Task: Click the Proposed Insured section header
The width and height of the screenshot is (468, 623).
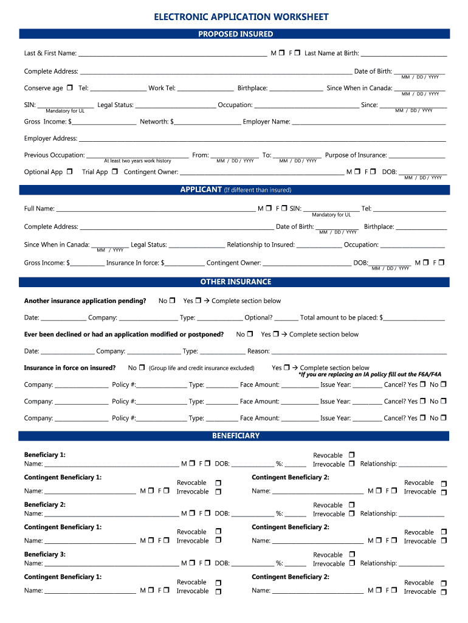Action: click(x=235, y=34)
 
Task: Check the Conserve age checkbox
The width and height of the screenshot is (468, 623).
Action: click(x=70, y=88)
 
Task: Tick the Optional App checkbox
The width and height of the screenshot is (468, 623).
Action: click(x=69, y=172)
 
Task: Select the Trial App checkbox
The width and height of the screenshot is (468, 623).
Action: click(x=115, y=172)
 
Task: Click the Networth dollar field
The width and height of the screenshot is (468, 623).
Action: click(x=207, y=122)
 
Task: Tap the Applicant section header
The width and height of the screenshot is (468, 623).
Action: click(x=235, y=190)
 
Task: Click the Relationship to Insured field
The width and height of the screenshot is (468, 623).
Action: click(x=319, y=245)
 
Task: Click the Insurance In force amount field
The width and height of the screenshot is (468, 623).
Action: click(x=184, y=263)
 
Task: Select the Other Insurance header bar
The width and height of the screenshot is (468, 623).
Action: click(x=235, y=282)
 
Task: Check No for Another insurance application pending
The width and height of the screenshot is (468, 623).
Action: click(x=173, y=301)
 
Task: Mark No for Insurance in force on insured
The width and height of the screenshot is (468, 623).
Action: click(x=142, y=367)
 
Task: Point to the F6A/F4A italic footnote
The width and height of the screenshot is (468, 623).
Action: click(x=370, y=375)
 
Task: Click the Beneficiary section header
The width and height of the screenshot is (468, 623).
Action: click(x=235, y=436)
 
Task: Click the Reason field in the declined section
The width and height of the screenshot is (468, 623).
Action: click(x=359, y=351)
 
